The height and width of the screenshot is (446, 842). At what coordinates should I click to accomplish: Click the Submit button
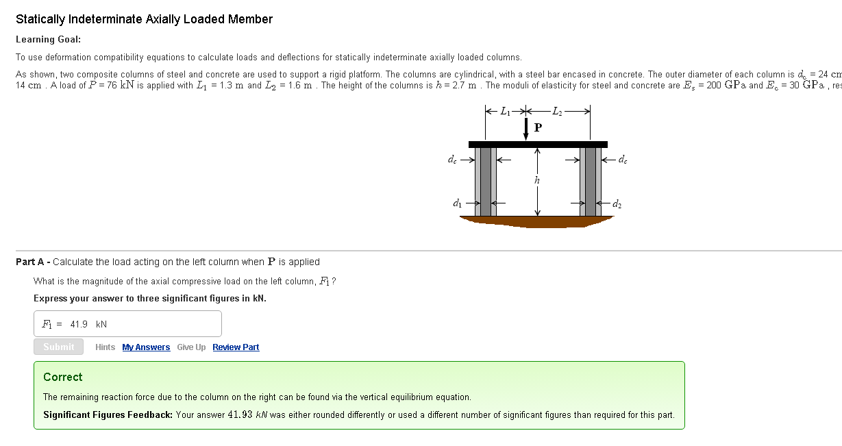point(58,347)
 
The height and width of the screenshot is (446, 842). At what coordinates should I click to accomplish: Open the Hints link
point(105,347)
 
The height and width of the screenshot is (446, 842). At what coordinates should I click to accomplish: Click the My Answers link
point(146,347)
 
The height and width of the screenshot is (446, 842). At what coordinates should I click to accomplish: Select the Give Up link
point(191,347)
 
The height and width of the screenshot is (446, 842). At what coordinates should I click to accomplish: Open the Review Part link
point(236,347)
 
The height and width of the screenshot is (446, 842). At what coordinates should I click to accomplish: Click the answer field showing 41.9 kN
point(127,324)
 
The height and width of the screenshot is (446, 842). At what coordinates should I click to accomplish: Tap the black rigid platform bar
point(538,144)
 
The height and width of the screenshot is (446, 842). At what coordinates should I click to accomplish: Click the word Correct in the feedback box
point(62,377)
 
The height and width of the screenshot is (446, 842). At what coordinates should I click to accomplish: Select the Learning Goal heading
point(48,39)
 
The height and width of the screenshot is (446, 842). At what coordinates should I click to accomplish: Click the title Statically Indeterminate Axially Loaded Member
point(144,19)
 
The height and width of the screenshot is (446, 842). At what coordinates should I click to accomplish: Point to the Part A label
point(33,262)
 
